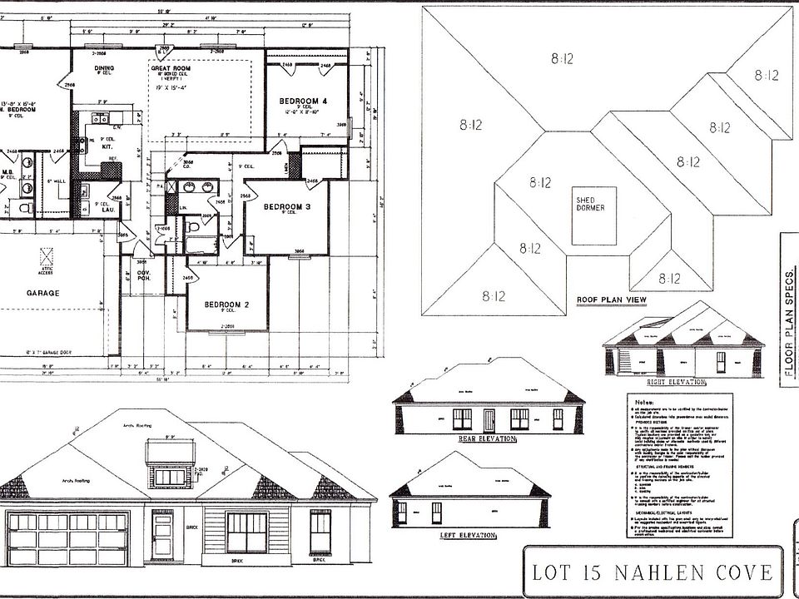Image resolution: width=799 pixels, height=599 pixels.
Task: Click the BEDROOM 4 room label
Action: pos(303,101)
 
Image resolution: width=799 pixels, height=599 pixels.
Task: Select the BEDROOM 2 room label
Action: pos(228,303)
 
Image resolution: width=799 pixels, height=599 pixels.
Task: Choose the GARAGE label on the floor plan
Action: pos(42,293)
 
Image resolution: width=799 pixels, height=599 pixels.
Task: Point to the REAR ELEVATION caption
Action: pos(488,438)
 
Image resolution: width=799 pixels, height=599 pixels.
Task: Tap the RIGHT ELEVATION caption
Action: pos(676,382)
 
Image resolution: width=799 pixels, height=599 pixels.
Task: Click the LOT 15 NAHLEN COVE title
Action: pos(653,572)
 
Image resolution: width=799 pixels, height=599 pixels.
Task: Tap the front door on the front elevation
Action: pos(162,537)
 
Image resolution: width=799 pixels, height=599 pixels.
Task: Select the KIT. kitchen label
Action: pos(107,146)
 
